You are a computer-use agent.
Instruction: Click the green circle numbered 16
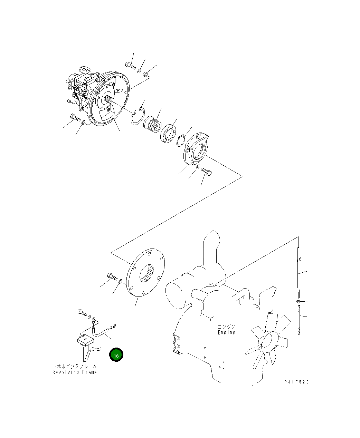(116, 355)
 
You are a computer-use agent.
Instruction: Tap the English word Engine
(226, 332)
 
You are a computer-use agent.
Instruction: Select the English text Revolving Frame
(75, 372)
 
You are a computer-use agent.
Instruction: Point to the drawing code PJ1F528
(296, 382)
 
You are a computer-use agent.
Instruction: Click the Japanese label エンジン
(226, 327)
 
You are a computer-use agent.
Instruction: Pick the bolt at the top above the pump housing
(129, 65)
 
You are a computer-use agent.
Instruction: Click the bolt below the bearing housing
(206, 171)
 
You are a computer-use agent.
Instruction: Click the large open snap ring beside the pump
(137, 118)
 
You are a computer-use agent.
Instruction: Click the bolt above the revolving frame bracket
(82, 313)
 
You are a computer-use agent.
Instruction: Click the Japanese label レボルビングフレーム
(75, 366)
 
